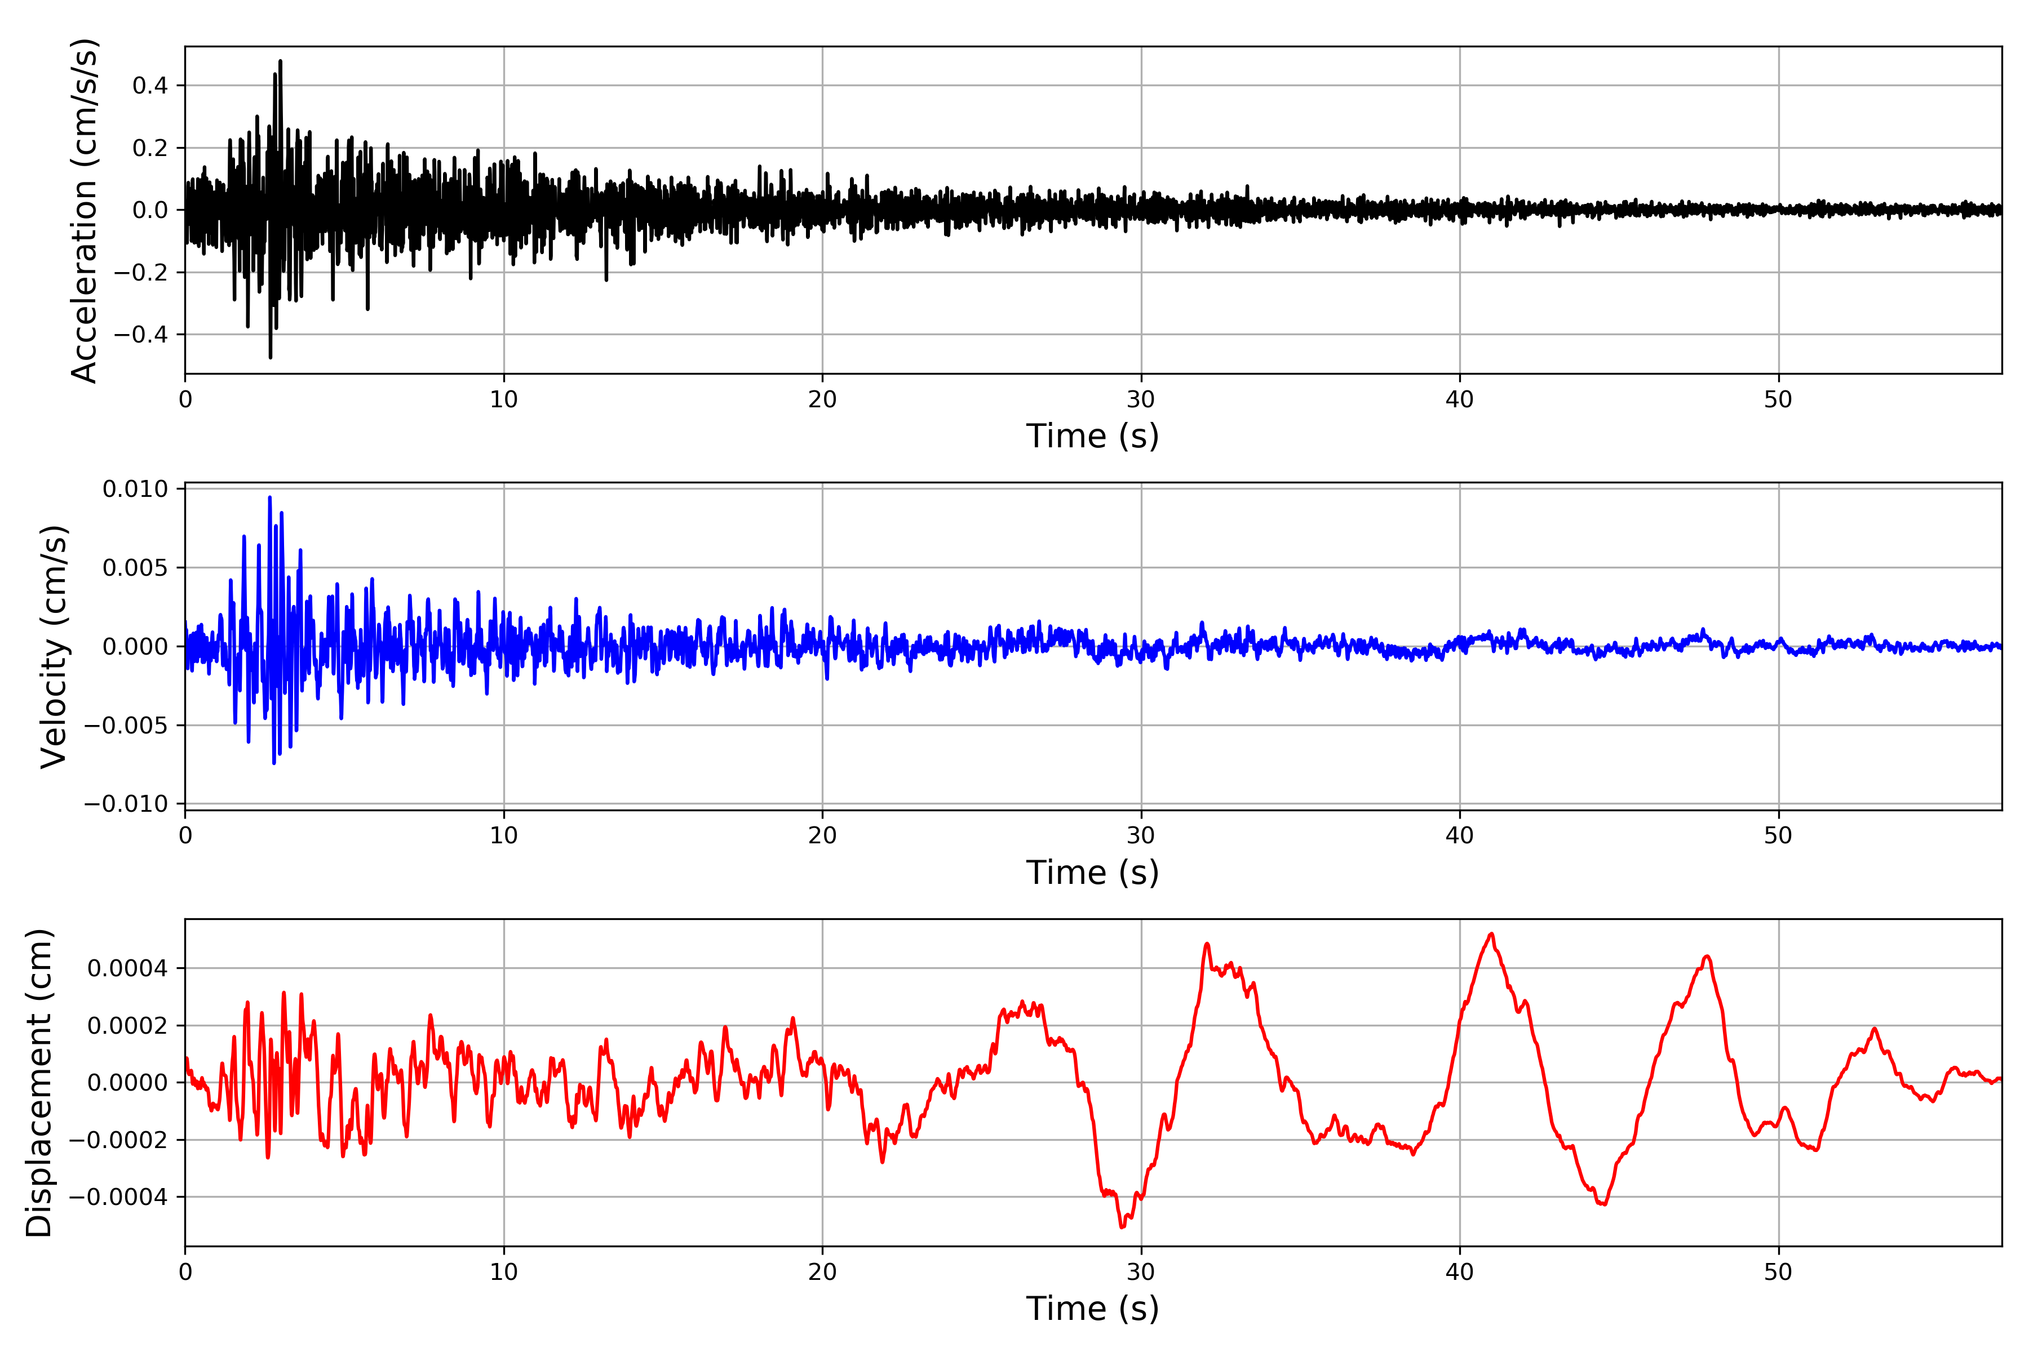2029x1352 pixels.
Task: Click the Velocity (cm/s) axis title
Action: (x=54, y=647)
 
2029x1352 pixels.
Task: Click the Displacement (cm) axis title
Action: (x=39, y=1083)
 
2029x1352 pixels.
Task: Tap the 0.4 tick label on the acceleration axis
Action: (x=150, y=86)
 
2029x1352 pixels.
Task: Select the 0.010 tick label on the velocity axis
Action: (x=135, y=489)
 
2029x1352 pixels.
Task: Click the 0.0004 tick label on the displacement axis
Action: (x=128, y=968)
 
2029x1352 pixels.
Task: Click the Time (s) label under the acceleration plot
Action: (x=1092, y=436)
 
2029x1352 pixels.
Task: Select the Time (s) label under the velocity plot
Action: (x=1092, y=873)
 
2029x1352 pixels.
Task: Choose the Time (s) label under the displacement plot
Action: (x=1092, y=1309)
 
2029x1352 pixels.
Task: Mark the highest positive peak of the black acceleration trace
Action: (x=280, y=61)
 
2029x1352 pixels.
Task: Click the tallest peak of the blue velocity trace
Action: (x=270, y=497)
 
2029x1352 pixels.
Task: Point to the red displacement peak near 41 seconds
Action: (x=1491, y=934)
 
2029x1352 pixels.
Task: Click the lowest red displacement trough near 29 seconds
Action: (x=1122, y=1227)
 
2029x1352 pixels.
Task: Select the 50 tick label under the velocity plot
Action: (x=1778, y=835)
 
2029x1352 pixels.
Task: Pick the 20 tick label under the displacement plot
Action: (x=822, y=1272)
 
